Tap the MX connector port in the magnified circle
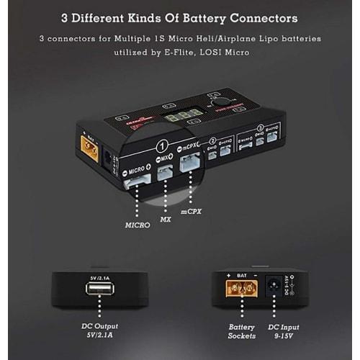click(166, 173)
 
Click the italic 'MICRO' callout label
click(135, 225)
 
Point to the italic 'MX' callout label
click(166, 219)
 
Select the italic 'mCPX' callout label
click(192, 212)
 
